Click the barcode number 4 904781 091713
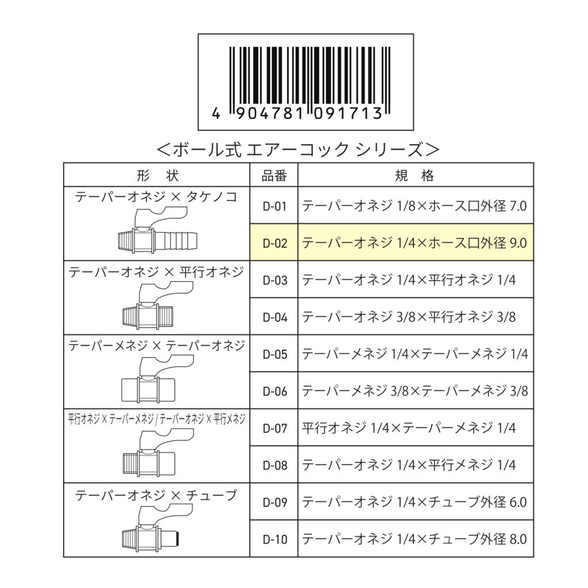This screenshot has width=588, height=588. point(297,113)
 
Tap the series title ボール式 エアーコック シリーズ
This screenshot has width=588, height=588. point(298,149)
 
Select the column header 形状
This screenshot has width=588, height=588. point(157,175)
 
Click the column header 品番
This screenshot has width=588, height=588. point(274,175)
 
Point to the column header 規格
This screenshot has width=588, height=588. point(415,175)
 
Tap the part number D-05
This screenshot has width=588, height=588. point(275,354)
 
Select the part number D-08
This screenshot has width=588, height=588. point(275,465)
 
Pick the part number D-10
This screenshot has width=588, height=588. point(275,540)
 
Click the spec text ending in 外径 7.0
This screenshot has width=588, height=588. point(415,206)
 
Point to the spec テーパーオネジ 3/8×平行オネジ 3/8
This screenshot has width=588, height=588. point(409,317)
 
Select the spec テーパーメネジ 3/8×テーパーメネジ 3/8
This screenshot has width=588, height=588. point(415,391)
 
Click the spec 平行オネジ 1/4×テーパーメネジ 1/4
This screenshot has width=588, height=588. point(409,428)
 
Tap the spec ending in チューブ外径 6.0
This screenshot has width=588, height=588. point(415,502)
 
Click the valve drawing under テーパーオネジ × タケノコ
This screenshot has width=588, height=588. point(157,232)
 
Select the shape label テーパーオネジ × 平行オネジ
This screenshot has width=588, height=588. point(156,272)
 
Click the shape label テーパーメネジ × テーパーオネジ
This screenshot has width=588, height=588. point(156,345)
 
